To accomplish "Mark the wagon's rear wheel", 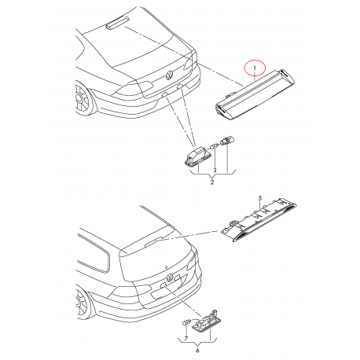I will (81, 303).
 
